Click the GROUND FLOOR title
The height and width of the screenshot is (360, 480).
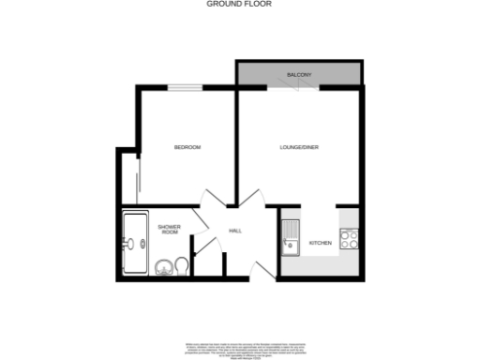240,4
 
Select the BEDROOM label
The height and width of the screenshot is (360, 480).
187,147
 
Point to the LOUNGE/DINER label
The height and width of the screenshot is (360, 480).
298,147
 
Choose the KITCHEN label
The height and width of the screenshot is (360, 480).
321,243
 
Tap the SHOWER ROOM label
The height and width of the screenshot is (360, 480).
169,229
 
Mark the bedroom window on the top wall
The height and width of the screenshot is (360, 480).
186,88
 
